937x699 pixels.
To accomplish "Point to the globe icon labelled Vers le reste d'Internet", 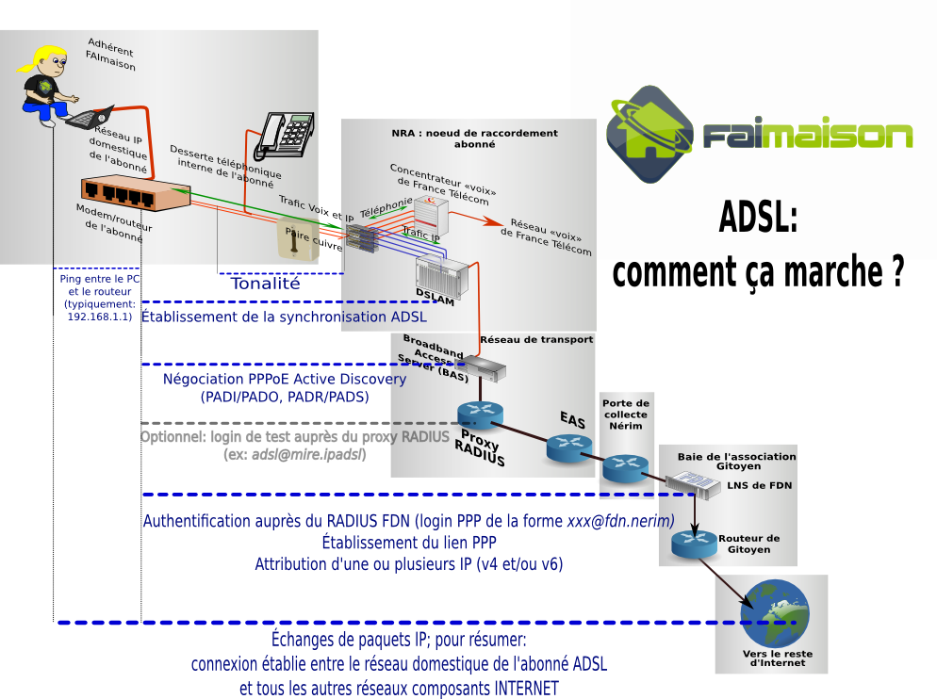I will [x=775, y=613].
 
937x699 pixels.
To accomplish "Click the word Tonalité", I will [x=265, y=283].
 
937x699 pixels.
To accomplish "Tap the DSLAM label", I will [x=435, y=300].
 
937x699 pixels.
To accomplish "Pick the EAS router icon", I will [x=567, y=448].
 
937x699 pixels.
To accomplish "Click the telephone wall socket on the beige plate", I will [x=295, y=238].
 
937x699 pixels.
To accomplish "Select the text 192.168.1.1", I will [x=99, y=317].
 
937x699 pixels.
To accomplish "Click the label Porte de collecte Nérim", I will [x=626, y=415].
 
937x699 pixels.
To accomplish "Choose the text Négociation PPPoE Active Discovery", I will [x=285, y=379].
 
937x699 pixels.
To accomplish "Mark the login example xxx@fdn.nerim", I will [x=620, y=521].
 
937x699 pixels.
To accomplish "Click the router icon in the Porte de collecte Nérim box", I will [x=625, y=466].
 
